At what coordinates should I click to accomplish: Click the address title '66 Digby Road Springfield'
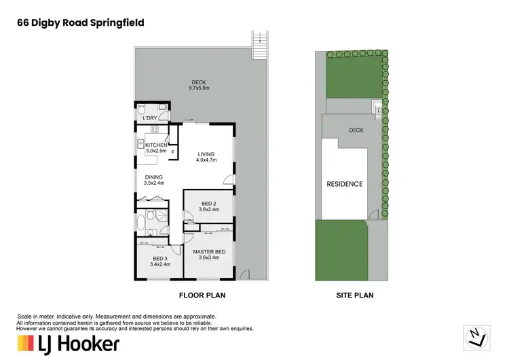[x=80, y=22]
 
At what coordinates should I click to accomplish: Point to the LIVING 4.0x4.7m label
[x=206, y=158]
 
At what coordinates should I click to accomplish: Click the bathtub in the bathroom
[x=143, y=223]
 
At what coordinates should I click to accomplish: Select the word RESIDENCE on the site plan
[x=345, y=184]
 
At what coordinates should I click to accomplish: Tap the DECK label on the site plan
[x=356, y=130]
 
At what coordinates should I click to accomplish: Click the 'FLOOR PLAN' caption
[x=202, y=295]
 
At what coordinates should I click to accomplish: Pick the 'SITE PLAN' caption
[x=354, y=295]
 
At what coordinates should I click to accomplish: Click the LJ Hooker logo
[x=68, y=344]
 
